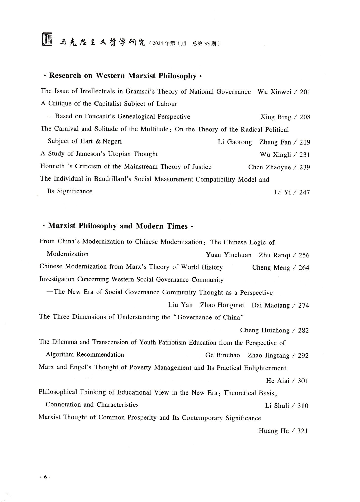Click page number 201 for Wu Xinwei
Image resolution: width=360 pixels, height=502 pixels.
click(x=305, y=92)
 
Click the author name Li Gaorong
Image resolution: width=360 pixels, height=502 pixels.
click(x=235, y=142)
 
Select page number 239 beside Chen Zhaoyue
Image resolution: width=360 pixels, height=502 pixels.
click(x=305, y=167)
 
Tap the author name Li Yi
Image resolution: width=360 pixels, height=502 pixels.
click(x=282, y=192)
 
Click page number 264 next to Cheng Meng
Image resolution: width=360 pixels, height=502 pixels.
click(x=304, y=268)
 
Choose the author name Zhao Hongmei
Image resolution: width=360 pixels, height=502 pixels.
click(x=222, y=305)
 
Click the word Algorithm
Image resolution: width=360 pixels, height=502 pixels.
click(x=60, y=355)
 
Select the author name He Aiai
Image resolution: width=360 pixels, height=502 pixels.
click(x=277, y=381)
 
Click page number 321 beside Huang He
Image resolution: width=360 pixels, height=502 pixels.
click(x=302, y=431)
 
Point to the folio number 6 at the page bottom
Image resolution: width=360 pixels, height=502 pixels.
click(x=45, y=477)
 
